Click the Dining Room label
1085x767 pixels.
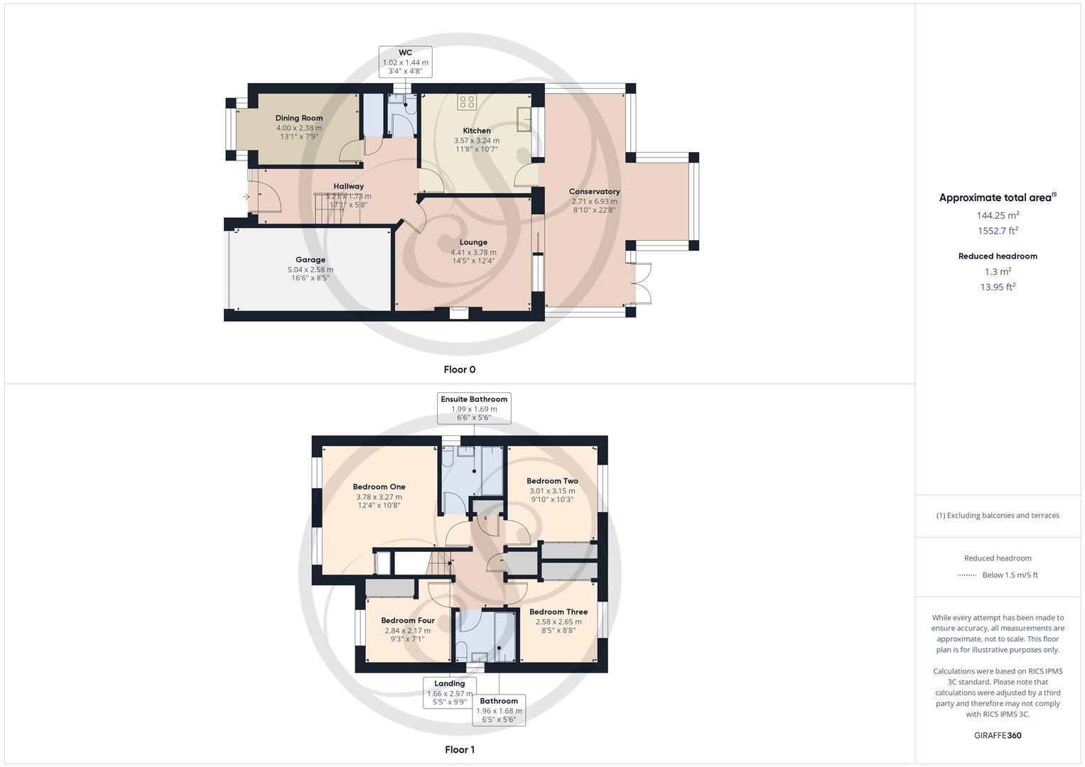click(x=298, y=118)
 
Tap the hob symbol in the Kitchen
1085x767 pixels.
click(x=467, y=102)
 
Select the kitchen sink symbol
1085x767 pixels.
click(x=523, y=119)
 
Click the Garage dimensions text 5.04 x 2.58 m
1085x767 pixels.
click(x=310, y=270)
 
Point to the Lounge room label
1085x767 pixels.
click(x=473, y=242)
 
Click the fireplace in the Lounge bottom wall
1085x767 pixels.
click(x=459, y=312)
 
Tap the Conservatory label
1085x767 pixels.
click(x=594, y=191)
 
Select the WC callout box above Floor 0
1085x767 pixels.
click(x=405, y=62)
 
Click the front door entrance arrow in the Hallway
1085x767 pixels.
click(x=247, y=197)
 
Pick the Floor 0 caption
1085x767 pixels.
click(x=459, y=369)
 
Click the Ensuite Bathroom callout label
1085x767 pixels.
click(x=474, y=399)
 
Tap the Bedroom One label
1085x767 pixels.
click(x=379, y=486)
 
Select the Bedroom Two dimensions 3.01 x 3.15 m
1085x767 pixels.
click(x=552, y=491)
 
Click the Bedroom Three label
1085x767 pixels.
click(x=558, y=611)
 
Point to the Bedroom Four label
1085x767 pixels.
click(x=407, y=620)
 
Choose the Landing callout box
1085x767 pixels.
click(x=449, y=692)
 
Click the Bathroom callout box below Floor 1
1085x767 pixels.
click(x=499, y=709)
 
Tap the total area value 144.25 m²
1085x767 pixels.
click(x=998, y=215)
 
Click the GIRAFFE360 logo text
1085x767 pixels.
click(x=998, y=735)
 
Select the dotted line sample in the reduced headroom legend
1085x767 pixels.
click(x=966, y=575)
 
